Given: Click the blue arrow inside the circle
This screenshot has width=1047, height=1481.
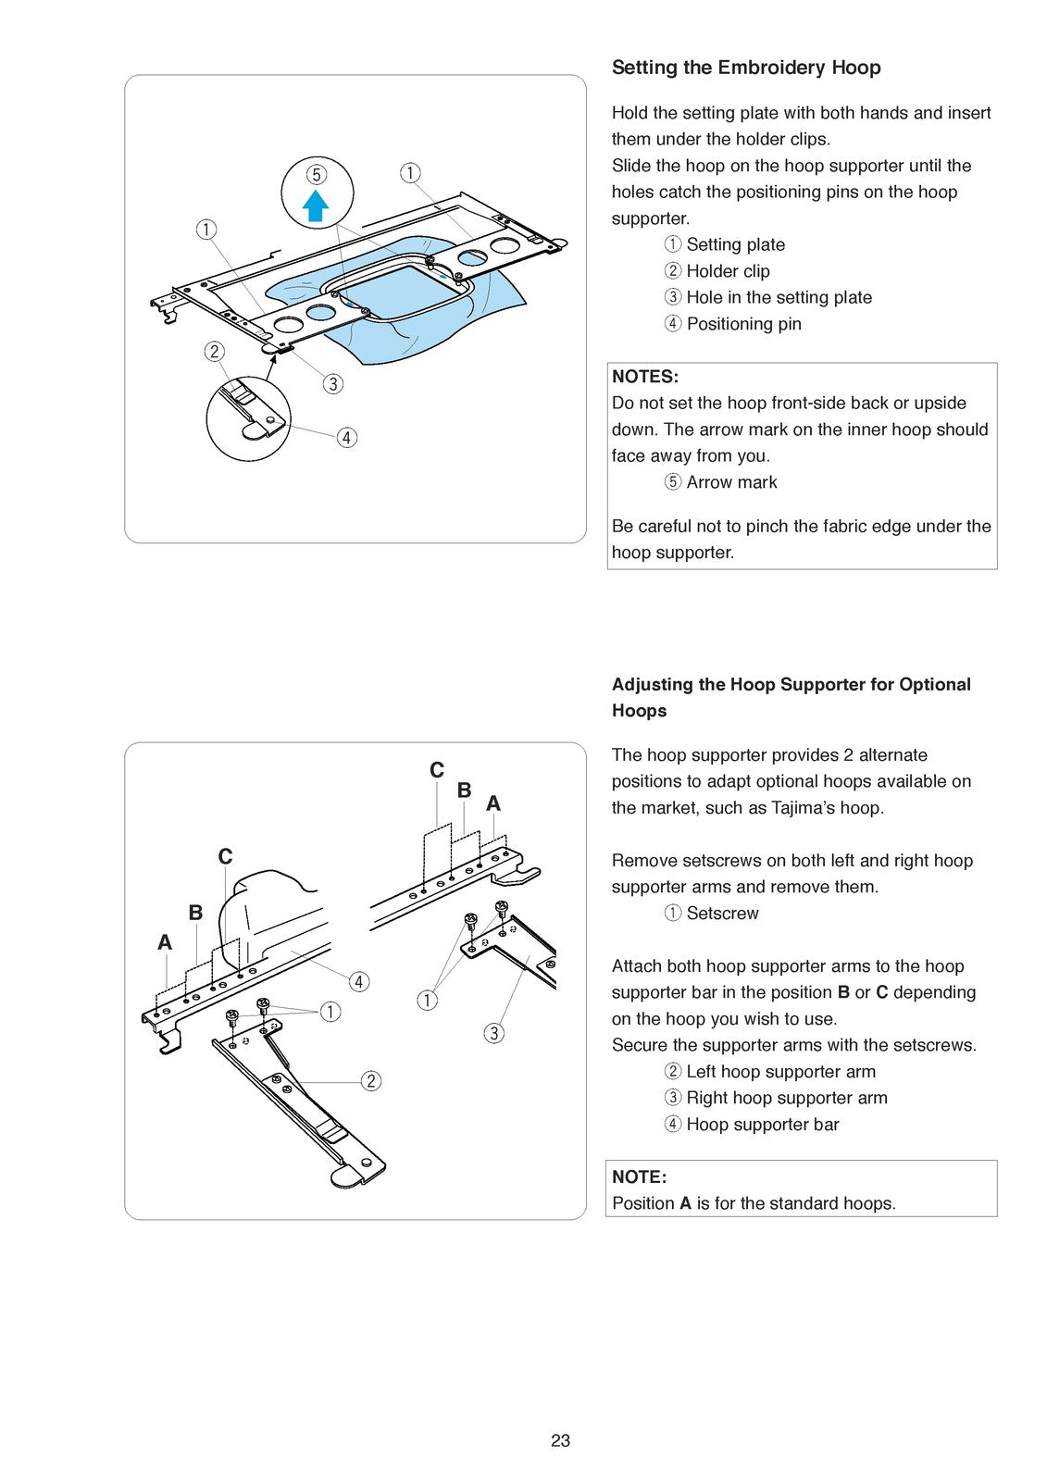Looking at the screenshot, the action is [316, 205].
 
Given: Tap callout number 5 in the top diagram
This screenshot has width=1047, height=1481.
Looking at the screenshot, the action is [317, 175].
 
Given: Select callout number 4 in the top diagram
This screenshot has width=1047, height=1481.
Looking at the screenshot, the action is [346, 438].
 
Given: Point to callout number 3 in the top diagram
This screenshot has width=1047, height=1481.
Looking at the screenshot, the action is [332, 383].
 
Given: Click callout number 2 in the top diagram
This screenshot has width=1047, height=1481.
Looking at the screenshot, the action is [214, 351].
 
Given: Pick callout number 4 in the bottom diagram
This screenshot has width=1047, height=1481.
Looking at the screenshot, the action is [358, 981].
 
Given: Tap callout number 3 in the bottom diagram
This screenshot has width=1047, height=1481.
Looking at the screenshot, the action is [493, 1033].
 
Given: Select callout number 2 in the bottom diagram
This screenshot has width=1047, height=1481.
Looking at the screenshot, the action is [370, 1080].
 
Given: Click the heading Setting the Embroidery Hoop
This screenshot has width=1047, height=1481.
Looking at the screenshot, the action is [745, 68].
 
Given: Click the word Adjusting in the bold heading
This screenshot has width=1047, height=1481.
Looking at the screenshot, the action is [652, 684].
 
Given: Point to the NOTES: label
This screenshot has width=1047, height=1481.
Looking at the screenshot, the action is [645, 377].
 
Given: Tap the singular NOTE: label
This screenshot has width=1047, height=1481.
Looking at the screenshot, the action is [639, 1176].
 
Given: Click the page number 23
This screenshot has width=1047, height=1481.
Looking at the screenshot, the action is [560, 1440].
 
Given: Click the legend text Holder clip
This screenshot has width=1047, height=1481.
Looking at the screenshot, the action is [728, 271].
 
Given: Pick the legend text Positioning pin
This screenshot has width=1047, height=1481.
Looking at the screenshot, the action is [743, 324].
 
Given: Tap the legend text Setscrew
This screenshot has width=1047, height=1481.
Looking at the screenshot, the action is [722, 913].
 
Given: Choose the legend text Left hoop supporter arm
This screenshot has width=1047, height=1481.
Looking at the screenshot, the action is [780, 1072].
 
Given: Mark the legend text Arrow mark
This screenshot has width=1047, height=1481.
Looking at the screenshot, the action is [731, 482].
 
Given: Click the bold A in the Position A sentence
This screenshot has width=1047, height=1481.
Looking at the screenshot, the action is [685, 1203].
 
